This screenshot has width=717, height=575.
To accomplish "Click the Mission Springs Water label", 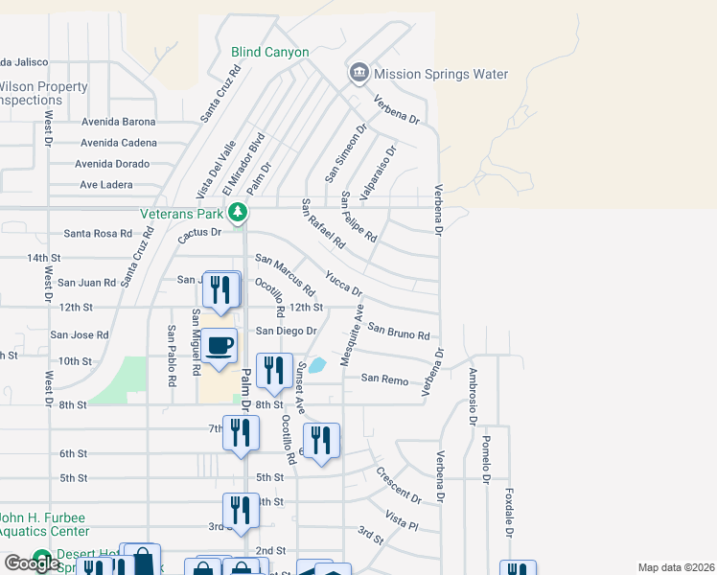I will pos(441,75).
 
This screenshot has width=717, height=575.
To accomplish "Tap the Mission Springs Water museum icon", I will pos(358,73).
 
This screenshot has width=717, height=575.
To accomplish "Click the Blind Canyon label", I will pos(270,53).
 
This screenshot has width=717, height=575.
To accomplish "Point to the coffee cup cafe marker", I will pos(220,346).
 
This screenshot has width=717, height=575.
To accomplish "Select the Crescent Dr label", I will pos(399,486).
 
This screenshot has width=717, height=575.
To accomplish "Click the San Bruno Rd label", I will pos(399,332).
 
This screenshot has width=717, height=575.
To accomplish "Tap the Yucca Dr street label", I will pos(343,283).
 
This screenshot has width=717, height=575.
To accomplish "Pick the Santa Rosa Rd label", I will pos(98,233).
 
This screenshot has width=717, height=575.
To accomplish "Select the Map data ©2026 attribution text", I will pos(676,567).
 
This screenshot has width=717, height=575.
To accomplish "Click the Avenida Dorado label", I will pos(115,164).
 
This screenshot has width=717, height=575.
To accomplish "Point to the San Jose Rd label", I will pos(80,335).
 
